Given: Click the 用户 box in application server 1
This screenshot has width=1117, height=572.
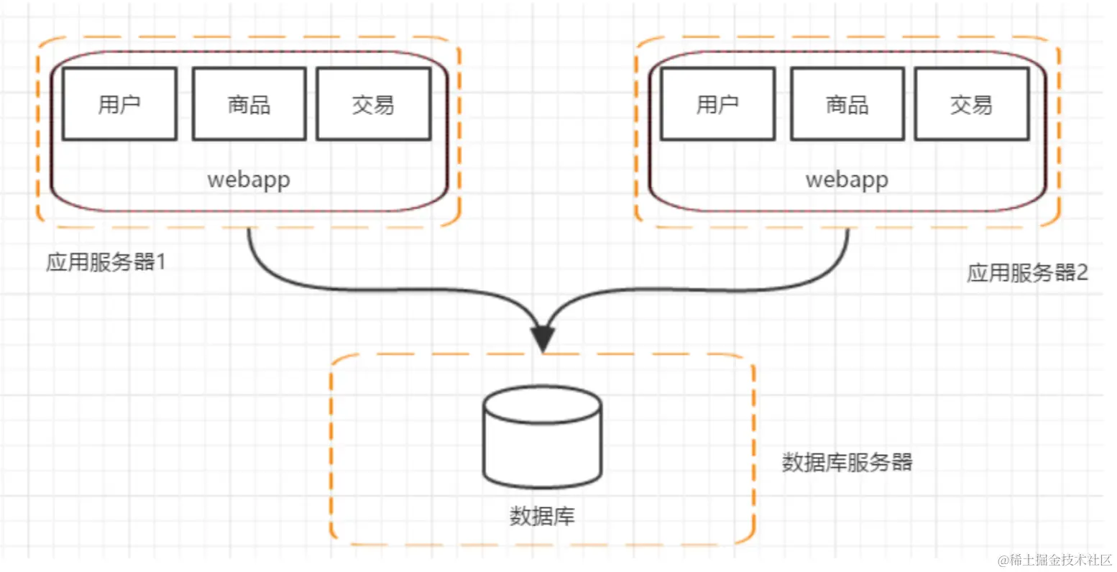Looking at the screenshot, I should [119, 104].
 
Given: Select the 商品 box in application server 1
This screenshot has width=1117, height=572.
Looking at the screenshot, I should [249, 104].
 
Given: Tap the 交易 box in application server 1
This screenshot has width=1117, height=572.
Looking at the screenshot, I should [373, 104].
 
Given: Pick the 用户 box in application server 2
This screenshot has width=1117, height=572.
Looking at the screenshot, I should [717, 104].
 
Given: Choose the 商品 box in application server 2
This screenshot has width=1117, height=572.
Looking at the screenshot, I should [847, 104].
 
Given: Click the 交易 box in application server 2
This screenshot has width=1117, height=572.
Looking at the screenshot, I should [971, 104].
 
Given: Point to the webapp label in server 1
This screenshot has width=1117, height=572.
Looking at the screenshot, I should [249, 179].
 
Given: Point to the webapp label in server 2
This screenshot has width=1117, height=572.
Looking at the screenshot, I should [847, 179].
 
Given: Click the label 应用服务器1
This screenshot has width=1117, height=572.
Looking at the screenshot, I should [106, 262].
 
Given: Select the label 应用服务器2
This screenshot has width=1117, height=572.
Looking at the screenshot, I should [1027, 273].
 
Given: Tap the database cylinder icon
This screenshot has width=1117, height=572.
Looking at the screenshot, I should [542, 437].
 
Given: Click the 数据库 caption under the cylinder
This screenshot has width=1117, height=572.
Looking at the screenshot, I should [542, 516].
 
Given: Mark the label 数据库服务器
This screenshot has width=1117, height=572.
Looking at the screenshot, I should [847, 461].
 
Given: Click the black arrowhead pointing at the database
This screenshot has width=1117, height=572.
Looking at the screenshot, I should [543, 338].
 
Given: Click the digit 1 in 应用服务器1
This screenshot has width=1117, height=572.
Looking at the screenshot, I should [161, 262].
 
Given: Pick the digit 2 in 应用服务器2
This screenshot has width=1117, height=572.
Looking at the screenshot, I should [1082, 273].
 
